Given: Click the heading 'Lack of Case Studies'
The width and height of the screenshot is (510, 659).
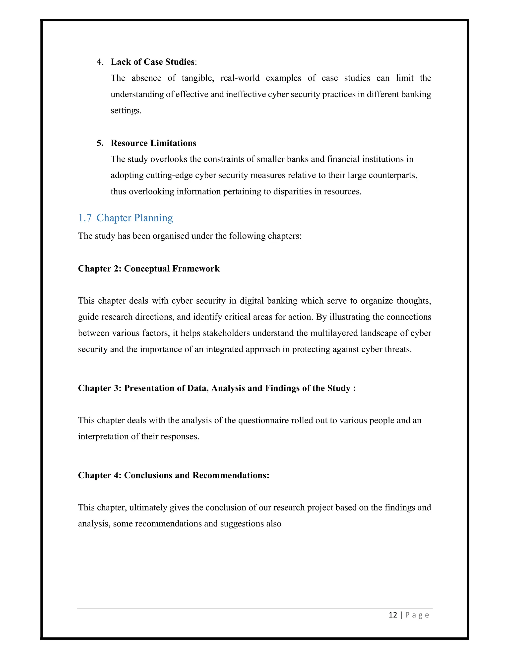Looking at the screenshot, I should (x=153, y=62).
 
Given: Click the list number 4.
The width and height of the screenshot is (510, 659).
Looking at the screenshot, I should (x=99, y=62).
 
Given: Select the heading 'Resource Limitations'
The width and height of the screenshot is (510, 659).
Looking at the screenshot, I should (x=153, y=143).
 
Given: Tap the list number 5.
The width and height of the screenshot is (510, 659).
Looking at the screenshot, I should (x=99, y=143).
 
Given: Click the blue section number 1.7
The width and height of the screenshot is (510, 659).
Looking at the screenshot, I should (x=85, y=218).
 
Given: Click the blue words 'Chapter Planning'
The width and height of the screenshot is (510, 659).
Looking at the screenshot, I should (x=135, y=218).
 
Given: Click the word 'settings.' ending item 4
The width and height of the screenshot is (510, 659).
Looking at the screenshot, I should (x=126, y=110).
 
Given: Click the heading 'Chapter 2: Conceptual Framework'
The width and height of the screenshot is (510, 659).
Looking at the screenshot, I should (x=149, y=269).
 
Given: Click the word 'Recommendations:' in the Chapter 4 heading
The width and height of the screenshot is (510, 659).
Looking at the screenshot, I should (x=231, y=475).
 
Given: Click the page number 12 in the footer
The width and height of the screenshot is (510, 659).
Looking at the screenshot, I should (x=393, y=615).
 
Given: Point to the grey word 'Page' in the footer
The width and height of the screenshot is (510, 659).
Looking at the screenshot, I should (x=417, y=615).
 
